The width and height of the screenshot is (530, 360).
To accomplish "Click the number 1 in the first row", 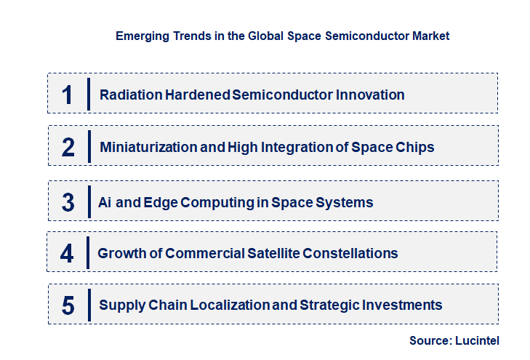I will point(68,95).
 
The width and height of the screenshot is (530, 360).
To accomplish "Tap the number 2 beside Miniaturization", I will point(68,147).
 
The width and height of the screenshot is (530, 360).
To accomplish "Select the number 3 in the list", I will point(68,202).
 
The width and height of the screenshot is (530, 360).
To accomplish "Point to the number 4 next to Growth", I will point(67,253).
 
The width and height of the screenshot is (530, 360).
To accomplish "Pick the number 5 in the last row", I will point(68,305).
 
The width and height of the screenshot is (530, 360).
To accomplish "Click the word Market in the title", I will point(430,36).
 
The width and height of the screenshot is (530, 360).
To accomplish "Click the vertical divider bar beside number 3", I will point(89,201).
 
